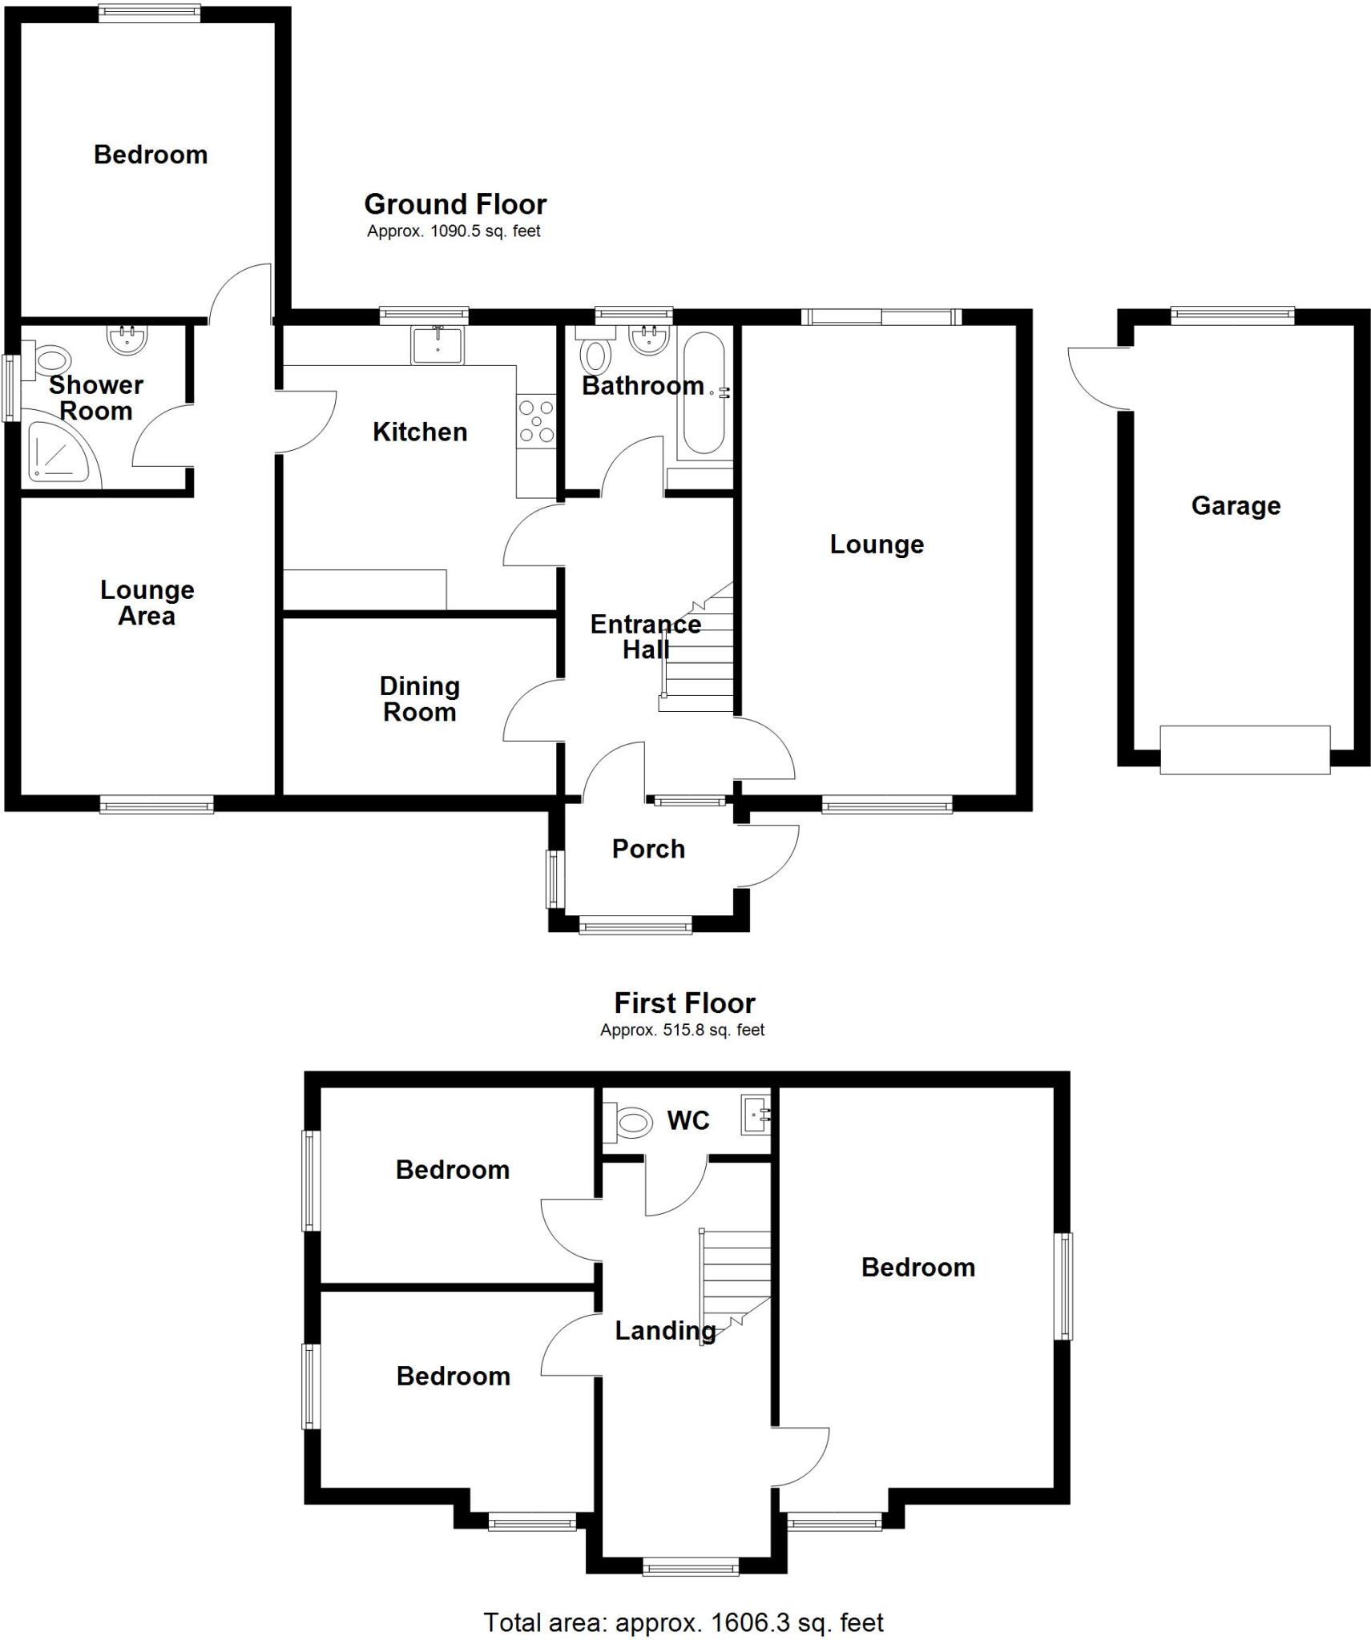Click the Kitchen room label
pos(419,432)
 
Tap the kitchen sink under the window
pos(437,344)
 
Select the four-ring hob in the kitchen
pos(536,421)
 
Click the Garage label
pos(1235,506)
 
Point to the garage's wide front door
pos(1244,750)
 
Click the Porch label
pos(648,849)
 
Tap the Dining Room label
pos(419,699)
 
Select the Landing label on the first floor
pos(665,1330)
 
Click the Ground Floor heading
pos(455,204)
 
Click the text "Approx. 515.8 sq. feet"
pos(683,1030)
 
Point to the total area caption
pos(683,1622)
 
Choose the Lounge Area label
pos(147,603)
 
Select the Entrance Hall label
pos(645,637)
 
